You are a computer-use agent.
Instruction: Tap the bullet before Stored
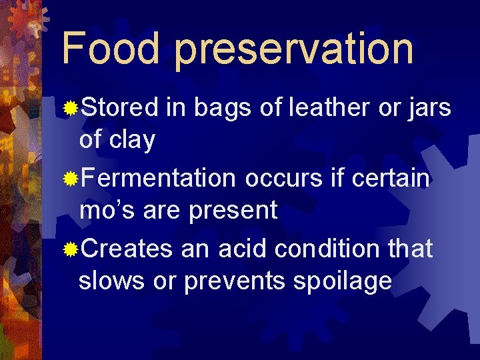coord(71,107)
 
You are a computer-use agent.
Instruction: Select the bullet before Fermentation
coord(71,179)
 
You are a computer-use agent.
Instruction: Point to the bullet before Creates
coord(71,250)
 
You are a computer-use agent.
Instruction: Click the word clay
coord(131,140)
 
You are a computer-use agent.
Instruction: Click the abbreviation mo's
coord(101,211)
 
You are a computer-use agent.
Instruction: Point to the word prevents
coord(234,282)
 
